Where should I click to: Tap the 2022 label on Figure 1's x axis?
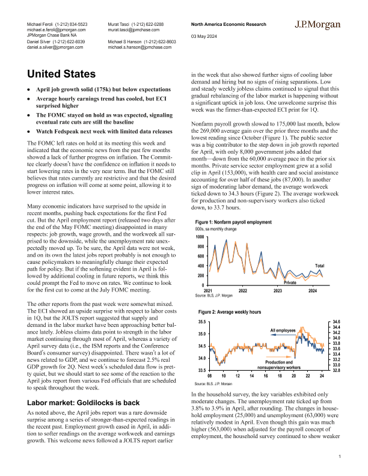(243, 290)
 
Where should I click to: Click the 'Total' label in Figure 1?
(320, 266)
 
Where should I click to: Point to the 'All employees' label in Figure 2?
(283, 331)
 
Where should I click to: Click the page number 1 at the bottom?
(340, 459)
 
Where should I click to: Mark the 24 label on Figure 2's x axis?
(322, 376)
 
